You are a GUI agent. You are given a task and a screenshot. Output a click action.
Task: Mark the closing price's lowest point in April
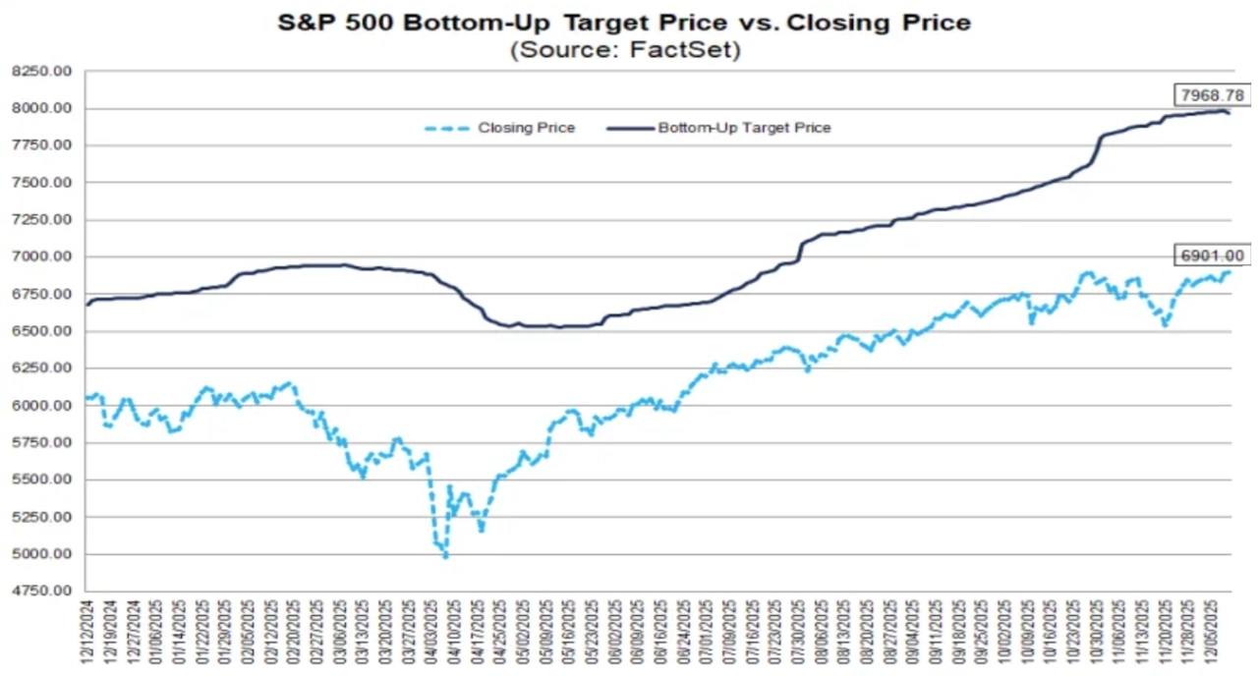(x=445, y=557)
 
